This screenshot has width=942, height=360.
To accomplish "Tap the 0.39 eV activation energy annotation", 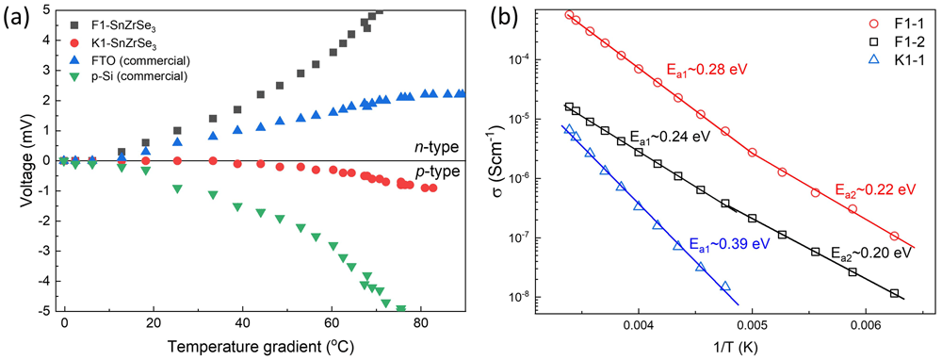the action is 731,245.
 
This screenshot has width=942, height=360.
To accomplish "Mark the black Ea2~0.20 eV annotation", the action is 872,253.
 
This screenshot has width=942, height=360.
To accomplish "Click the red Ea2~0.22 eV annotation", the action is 875,189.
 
